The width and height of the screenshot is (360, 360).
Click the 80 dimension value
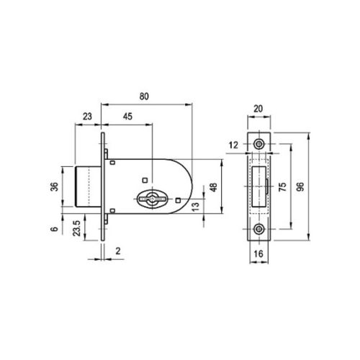144,96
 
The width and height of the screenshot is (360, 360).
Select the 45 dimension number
127,117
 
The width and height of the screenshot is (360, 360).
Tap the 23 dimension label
87,117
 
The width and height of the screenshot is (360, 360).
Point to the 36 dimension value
55,186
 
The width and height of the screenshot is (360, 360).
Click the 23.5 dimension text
77,228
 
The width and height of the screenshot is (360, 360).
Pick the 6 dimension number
55,229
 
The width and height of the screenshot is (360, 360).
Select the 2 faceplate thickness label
118,251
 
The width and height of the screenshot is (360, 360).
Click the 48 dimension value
213,187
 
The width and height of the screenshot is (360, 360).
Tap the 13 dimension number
196,207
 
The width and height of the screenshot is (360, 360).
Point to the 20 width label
258,109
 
